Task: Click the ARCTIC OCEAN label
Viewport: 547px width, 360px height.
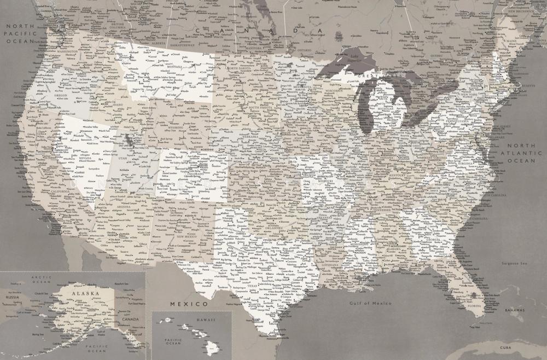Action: tap(42, 280)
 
